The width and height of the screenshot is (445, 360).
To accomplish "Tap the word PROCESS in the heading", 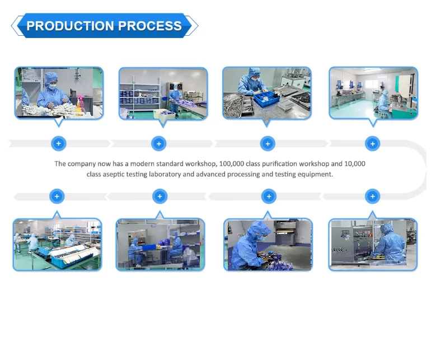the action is [149, 26].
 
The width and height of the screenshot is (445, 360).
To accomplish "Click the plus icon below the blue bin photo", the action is [268, 144].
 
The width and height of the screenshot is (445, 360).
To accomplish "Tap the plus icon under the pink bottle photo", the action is [58, 144].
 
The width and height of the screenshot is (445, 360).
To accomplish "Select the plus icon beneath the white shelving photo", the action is [159, 144].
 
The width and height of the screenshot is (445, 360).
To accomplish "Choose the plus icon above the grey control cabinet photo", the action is [372, 197].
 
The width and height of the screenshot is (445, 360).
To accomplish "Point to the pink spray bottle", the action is [75, 101].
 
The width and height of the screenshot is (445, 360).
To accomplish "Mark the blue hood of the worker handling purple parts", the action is [257, 228].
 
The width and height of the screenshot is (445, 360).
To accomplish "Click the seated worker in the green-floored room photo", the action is [383, 102].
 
